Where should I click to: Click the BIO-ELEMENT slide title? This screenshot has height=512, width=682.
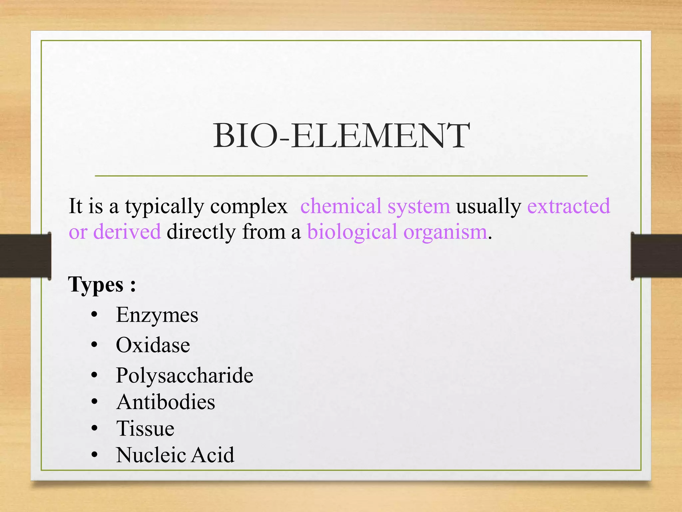click(341, 136)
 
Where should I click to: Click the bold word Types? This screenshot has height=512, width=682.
click(96, 285)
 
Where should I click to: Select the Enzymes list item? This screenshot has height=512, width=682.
click(157, 315)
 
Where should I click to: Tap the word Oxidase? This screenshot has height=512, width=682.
click(153, 345)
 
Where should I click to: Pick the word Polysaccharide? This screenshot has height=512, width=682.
click(184, 376)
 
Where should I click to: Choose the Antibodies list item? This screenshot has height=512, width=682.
click(166, 402)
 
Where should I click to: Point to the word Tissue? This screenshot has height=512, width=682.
click(145, 428)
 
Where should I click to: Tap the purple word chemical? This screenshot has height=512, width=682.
click(341, 206)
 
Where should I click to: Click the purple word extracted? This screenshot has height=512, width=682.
click(568, 206)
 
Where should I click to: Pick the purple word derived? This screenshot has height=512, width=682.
click(127, 232)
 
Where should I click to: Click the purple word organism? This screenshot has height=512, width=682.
click(445, 232)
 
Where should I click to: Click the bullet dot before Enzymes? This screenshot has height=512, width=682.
click(95, 315)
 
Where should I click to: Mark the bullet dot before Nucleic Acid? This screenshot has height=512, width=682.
click(95, 455)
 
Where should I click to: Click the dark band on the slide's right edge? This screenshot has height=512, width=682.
click(656, 256)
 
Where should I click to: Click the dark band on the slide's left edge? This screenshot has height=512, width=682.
click(25, 256)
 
